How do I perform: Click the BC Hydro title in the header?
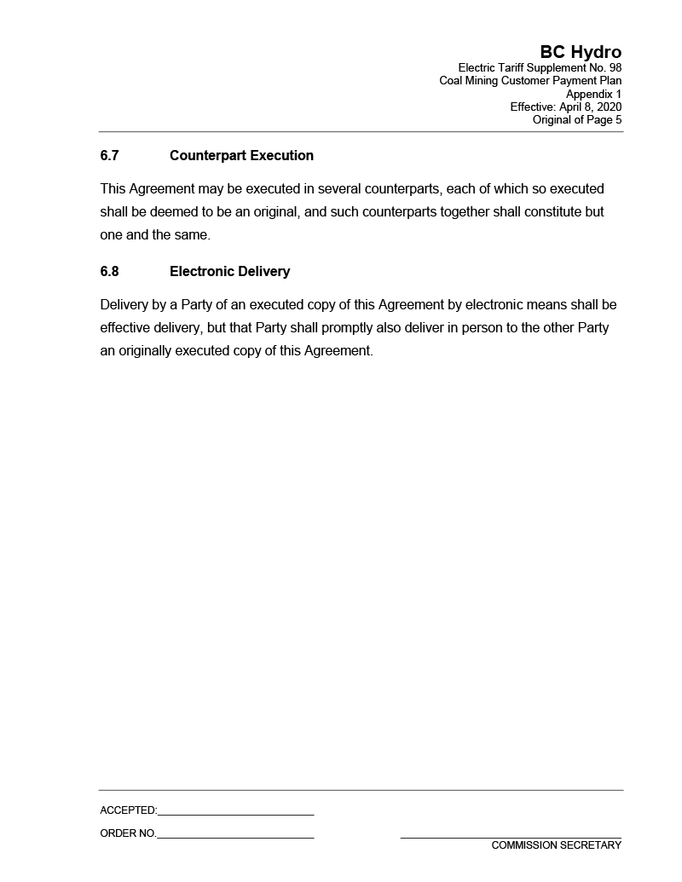click(581, 52)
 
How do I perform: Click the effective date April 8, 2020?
click(590, 107)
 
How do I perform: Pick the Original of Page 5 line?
click(577, 120)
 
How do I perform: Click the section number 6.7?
click(109, 156)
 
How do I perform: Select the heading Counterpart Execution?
click(241, 156)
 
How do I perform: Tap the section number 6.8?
click(109, 272)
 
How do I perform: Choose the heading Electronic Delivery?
click(229, 272)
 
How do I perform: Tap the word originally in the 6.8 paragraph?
click(145, 350)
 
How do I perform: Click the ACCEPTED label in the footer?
click(128, 810)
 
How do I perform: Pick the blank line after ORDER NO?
click(235, 837)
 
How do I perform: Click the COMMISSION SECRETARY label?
click(556, 845)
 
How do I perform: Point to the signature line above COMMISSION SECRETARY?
click(511, 838)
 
